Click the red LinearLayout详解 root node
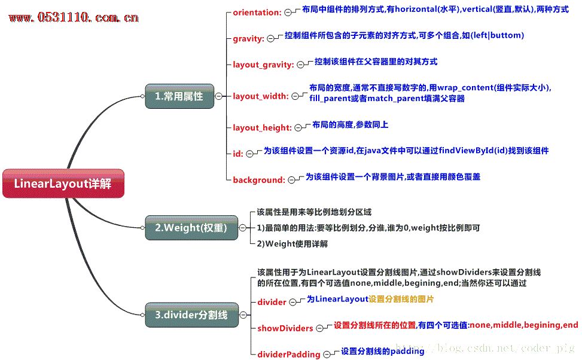click(63, 184)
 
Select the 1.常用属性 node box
click(179, 96)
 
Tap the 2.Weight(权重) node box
click(191, 227)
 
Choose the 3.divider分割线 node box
click(191, 315)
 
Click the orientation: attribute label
click(257, 12)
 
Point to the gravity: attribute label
click(248, 39)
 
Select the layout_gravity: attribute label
click(263, 65)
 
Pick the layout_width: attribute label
click(261, 96)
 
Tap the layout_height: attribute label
click(262, 127)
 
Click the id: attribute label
click(238, 154)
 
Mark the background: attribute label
click(259, 180)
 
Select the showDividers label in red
click(285, 328)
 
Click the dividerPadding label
click(289, 355)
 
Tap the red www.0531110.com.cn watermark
click(74, 17)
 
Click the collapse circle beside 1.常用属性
click(219, 96)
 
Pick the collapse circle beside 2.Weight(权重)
click(243, 227)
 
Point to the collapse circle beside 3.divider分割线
click(243, 315)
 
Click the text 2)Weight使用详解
click(292, 244)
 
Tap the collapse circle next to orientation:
click(288, 12)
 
